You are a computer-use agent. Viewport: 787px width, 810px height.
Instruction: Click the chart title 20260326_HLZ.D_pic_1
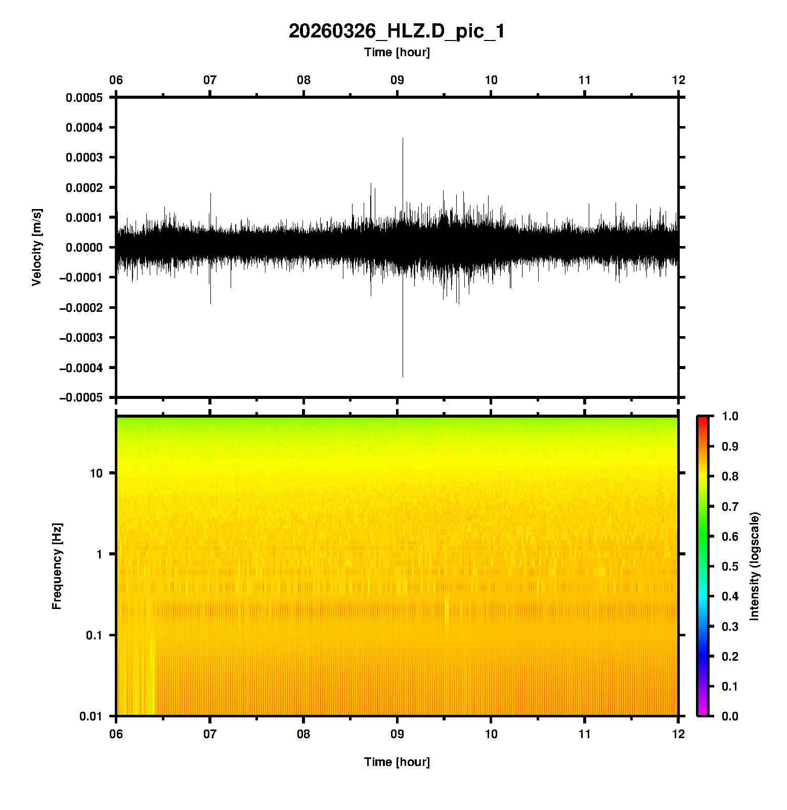point(397,31)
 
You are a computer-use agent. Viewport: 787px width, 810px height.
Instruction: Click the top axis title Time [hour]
point(397,53)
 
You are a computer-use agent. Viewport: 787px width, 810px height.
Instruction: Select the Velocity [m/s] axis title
point(36,247)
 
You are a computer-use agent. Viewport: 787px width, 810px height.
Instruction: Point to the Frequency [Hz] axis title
point(57,566)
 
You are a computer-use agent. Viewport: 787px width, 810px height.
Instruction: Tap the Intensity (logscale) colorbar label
point(755,566)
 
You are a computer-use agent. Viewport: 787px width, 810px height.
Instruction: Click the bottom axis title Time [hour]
point(397,762)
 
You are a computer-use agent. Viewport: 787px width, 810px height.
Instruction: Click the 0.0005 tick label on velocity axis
point(84,98)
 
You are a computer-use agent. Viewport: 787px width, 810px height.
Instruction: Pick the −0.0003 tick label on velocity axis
point(81,338)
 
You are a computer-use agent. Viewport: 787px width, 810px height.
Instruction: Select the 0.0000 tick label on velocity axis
point(84,248)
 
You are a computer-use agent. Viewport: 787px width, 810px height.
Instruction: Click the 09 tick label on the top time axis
point(397,80)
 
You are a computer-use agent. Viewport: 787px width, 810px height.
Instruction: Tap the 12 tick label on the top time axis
point(678,80)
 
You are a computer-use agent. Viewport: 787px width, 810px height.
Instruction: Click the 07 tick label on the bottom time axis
point(210,734)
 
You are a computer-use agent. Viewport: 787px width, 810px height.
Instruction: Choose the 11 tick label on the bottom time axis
point(585,734)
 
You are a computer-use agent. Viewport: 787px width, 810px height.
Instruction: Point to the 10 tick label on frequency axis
point(96,474)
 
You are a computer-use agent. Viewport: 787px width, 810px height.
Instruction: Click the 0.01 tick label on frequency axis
point(91,716)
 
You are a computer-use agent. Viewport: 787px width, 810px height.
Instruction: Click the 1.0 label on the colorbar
point(730,416)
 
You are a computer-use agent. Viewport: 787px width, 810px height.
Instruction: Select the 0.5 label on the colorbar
point(730,566)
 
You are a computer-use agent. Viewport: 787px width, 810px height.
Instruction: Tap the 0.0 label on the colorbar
point(730,716)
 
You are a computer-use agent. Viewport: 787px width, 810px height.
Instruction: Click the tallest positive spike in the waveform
point(403,139)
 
